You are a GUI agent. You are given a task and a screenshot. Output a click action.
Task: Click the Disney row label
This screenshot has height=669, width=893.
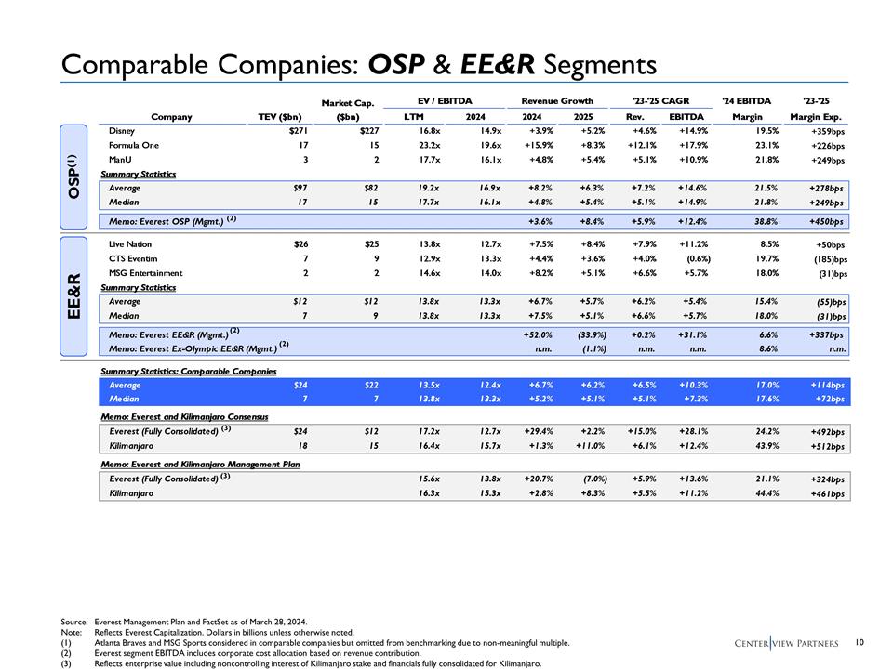[122, 132]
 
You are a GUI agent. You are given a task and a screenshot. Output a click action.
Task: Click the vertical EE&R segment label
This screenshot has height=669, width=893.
[75, 296]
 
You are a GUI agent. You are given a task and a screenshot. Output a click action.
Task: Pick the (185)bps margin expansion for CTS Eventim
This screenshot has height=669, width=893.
[827, 259]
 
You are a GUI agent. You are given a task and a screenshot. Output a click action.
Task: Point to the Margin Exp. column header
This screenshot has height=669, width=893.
[816, 117]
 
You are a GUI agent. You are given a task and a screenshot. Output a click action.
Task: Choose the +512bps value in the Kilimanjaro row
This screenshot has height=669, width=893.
[826, 447]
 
